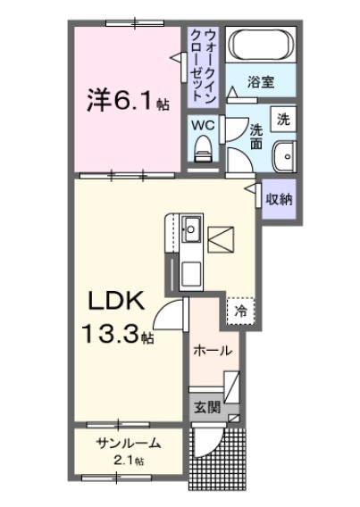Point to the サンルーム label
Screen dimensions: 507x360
(130, 444)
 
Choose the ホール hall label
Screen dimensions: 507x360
(213, 349)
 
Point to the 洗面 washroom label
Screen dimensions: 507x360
(255, 135)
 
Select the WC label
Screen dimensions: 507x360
(204, 125)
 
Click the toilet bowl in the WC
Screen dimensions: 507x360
(204, 148)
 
